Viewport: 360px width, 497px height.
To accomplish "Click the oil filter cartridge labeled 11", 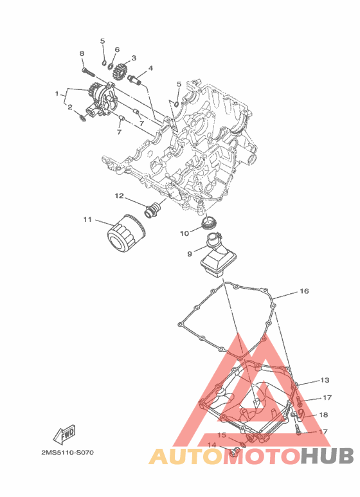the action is click(126, 233).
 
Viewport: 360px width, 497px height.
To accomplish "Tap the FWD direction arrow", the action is click(64, 433).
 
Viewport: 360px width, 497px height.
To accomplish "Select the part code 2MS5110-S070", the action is click(67, 452).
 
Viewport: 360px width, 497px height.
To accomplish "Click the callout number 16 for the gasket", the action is click(304, 291).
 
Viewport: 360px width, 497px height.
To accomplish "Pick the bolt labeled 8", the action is click(89, 71).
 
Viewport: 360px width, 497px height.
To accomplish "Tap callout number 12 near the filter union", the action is click(119, 196).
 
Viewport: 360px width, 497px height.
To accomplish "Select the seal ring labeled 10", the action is click(209, 224).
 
